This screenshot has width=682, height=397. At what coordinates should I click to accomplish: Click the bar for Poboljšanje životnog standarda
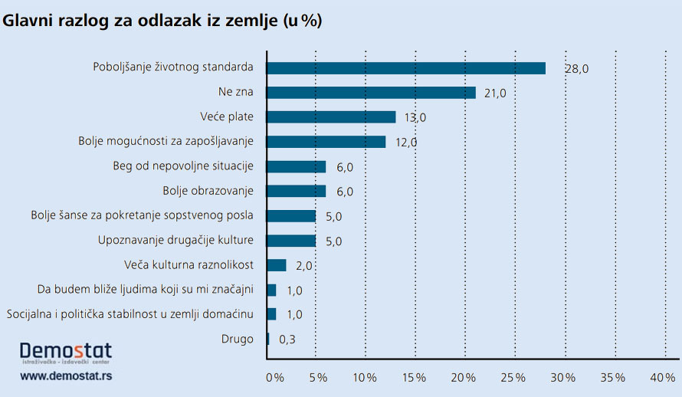(x=406, y=68)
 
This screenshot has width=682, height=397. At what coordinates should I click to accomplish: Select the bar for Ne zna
(x=371, y=93)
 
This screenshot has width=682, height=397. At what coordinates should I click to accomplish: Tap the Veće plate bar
(x=331, y=117)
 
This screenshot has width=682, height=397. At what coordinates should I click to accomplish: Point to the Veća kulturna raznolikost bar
(x=276, y=265)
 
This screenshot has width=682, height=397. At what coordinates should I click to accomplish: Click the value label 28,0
(x=576, y=68)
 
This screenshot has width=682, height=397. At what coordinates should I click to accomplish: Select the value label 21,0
(x=493, y=93)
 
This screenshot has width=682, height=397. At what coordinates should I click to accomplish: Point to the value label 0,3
(x=287, y=339)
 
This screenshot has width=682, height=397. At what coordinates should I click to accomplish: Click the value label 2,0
(x=305, y=265)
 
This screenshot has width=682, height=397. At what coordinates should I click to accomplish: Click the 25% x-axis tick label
(x=514, y=378)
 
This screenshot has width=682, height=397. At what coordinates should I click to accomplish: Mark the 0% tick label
(x=274, y=378)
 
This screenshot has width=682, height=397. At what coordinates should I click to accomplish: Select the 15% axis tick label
(x=415, y=378)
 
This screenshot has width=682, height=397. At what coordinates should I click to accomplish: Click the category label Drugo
(x=236, y=339)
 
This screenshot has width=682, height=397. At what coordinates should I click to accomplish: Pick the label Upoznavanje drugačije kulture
(x=175, y=241)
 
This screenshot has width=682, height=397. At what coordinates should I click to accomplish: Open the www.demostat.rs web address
(x=66, y=376)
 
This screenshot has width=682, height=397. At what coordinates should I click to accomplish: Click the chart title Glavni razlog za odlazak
(x=162, y=21)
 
